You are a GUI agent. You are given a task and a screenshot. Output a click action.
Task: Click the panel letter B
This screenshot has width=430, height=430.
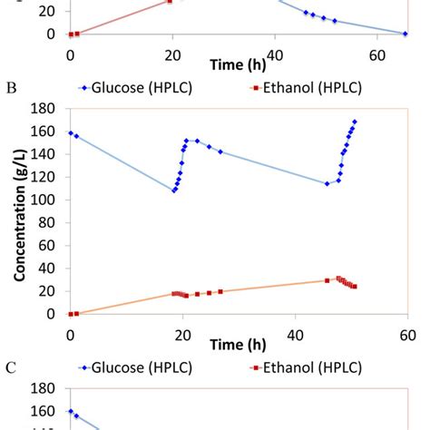click(12, 89)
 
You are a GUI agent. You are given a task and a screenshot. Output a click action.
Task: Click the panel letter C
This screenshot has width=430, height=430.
click(12, 367)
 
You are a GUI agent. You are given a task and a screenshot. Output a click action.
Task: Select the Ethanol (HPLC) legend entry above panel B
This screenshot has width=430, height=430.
click(305, 88)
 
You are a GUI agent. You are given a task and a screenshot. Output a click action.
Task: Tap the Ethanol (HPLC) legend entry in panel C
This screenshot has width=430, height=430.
click(305, 366)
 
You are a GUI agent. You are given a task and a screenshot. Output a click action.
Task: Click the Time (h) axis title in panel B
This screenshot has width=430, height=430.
click(238, 346)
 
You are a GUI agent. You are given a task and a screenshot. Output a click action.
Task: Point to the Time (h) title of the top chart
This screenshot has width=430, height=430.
click(238, 65)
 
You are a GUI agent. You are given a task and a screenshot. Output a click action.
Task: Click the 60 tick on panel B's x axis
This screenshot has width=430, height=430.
click(407, 331)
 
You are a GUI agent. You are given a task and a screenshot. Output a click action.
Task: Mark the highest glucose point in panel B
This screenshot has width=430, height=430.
click(355, 122)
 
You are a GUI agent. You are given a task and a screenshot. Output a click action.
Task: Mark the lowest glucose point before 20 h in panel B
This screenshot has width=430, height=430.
click(174, 191)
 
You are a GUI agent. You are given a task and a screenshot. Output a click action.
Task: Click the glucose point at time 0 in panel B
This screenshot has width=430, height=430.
click(71, 133)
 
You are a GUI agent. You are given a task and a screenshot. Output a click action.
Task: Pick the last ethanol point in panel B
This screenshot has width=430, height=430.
click(355, 287)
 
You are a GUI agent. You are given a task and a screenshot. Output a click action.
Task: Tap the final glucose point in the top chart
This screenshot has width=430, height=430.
click(406, 34)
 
